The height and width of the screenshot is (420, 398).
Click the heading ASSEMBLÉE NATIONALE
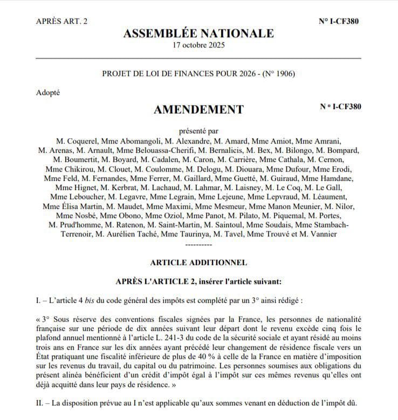pyautogui.click(x=198, y=33)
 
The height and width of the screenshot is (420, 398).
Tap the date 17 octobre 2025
pyautogui.click(x=198, y=45)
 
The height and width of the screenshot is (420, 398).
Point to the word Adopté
pyautogui.click(x=49, y=92)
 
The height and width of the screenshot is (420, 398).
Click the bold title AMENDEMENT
pyautogui.click(x=198, y=110)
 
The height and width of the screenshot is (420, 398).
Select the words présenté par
pyautogui.click(x=198, y=130)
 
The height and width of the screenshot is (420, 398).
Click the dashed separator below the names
pyautogui.click(x=198, y=244)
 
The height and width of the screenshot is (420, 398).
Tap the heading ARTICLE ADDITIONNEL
pyautogui.click(x=198, y=262)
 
